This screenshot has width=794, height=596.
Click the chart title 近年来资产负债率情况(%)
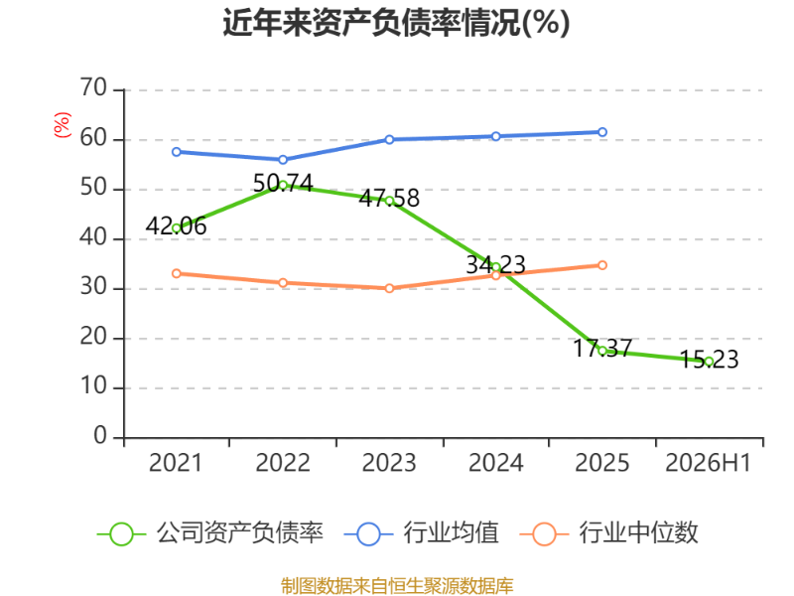point(396,23)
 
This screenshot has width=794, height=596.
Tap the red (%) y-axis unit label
point(63,125)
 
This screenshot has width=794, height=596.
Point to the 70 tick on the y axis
point(93,88)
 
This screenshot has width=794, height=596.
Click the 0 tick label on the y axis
point(100,436)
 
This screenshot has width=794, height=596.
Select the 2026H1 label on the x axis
point(708,463)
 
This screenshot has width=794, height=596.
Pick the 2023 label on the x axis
point(389,463)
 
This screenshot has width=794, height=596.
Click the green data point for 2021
point(177,228)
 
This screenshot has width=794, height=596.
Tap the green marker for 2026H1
point(709,362)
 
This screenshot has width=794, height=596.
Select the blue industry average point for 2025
point(602,132)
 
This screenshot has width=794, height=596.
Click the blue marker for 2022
point(283,160)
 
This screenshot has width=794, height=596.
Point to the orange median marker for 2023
point(389,288)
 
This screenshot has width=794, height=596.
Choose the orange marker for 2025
point(602,265)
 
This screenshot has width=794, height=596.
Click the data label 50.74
point(283,183)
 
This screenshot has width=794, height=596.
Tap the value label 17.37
point(602,349)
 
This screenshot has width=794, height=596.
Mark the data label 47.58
point(389,198)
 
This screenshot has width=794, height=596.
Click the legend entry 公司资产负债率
point(210,533)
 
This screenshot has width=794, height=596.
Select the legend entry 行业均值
point(421,533)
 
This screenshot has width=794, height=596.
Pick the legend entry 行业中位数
point(609,533)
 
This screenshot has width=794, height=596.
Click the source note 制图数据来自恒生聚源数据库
point(397,586)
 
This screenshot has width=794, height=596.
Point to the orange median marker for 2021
point(177,274)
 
